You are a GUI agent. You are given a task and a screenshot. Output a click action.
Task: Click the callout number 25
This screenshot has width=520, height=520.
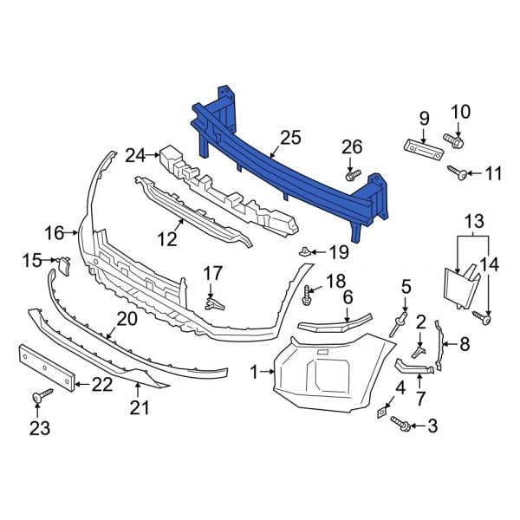coord(290,137)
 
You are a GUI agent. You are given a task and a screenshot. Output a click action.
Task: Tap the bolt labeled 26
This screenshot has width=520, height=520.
coord(352,175)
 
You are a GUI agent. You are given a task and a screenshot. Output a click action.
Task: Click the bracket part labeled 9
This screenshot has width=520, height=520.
coord(423,148)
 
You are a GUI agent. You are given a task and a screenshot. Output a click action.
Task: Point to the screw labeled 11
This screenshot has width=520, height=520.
coord(459,174)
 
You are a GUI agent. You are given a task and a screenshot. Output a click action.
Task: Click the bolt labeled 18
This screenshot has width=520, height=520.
coord(309,297)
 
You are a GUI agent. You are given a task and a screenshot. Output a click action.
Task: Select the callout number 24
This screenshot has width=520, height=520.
coord(135,155)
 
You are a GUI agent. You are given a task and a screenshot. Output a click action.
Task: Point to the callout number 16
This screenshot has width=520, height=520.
coord(54,232)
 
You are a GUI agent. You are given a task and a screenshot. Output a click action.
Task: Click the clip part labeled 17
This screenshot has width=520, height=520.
coord(211,302)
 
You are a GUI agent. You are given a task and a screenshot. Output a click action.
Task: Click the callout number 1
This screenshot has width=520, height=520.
coord(255,372)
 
